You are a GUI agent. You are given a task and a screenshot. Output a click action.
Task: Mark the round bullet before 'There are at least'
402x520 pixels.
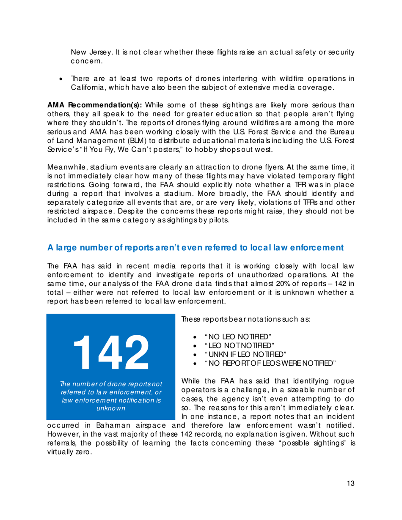click(63, 79)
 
